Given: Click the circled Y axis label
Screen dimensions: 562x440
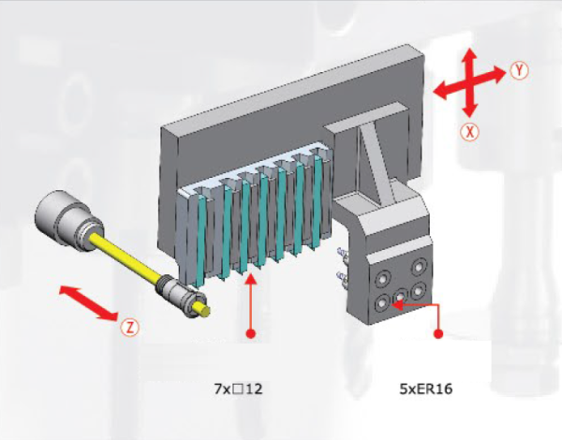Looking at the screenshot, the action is click(x=519, y=70).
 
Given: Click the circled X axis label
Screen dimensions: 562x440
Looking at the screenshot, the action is click(x=469, y=133).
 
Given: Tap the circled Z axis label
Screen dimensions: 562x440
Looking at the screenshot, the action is click(x=129, y=328).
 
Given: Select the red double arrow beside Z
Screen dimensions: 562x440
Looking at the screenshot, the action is click(x=88, y=302).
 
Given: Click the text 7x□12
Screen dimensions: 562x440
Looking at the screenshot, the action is click(x=238, y=389).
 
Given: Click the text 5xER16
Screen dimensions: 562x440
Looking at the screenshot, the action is click(x=426, y=389).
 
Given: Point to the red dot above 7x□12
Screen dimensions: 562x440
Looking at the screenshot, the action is click(x=251, y=334).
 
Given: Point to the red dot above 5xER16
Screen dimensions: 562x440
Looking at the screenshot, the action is click(x=438, y=334).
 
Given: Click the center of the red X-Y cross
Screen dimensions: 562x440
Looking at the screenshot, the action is click(x=470, y=82).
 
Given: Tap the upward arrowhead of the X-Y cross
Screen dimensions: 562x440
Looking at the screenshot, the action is click(x=470, y=55).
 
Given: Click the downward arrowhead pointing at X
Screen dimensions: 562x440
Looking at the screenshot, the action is click(x=469, y=110).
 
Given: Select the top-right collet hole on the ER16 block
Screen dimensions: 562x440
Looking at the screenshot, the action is click(x=418, y=268).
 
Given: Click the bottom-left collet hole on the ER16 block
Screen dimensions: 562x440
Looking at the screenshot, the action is click(x=382, y=303).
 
